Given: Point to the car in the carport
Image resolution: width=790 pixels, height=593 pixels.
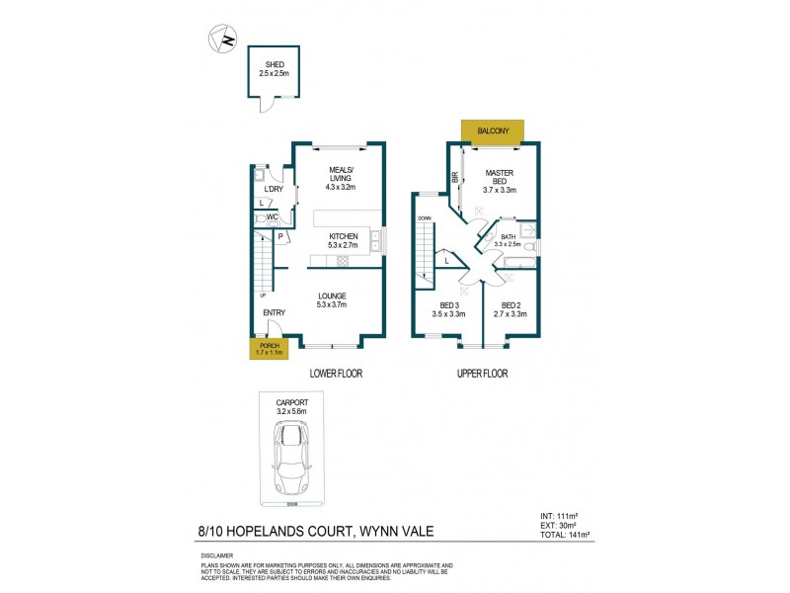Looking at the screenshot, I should point(292,459).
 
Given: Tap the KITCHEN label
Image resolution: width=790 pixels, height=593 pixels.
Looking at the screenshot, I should point(343,236).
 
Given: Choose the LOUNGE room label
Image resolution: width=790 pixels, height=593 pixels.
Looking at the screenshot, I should point(333,296).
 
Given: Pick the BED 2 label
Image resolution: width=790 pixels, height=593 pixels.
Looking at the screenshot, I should point(511,305).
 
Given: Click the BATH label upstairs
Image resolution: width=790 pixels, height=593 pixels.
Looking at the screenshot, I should point(509,237).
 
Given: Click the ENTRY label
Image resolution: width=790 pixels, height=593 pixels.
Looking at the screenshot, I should point(274,313).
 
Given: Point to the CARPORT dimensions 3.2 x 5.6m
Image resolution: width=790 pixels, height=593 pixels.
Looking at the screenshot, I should point(292,411).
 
